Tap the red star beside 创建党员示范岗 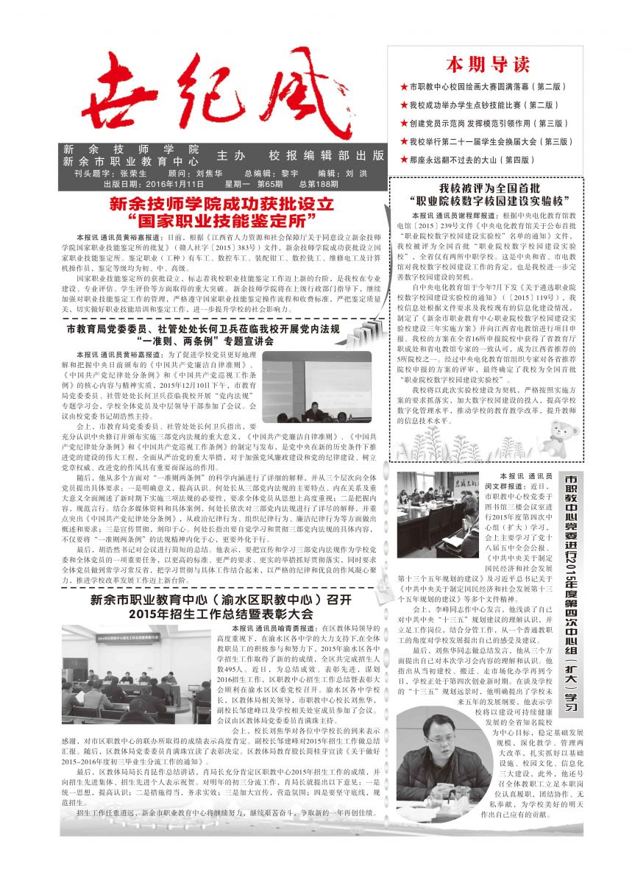point(403,123)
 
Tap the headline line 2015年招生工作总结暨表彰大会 point(220,614)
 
